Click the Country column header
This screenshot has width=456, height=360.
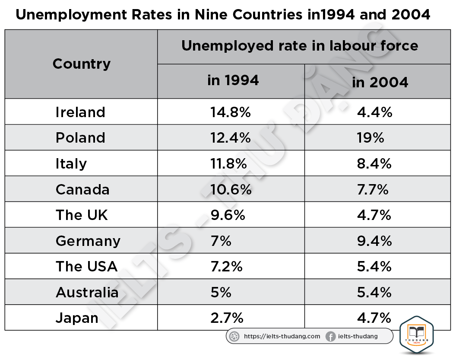tap(82, 64)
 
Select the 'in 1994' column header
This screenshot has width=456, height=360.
tap(233, 80)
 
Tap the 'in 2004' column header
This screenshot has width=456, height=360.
tap(380, 82)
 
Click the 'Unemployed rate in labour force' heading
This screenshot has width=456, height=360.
tap(300, 46)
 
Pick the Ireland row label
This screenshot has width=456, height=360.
tap(80, 112)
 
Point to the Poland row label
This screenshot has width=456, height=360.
tap(80, 138)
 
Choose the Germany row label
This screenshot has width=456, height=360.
tap(88, 241)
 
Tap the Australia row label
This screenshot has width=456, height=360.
tap(87, 293)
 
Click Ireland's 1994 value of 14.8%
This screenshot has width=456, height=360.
tap(231, 112)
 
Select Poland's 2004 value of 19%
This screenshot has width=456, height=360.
tap(370, 138)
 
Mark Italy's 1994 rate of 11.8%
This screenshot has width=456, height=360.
tap(229, 164)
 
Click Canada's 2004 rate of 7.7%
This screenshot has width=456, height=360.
tap(373, 189)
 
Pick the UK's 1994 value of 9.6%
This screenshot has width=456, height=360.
tap(228, 215)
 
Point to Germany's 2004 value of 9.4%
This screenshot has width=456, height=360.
tap(374, 241)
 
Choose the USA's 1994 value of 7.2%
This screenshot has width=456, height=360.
tap(227, 267)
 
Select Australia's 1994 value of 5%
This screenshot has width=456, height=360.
tap(221, 293)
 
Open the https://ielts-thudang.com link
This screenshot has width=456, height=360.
tap(282, 336)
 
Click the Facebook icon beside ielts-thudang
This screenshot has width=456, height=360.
tap(331, 336)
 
